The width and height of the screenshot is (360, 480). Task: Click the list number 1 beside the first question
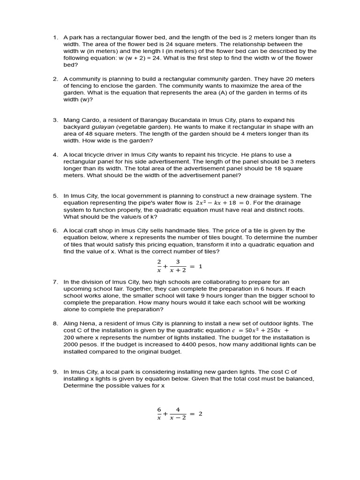(54, 37)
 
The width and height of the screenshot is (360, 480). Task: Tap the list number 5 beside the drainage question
(54, 196)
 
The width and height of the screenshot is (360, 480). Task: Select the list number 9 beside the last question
(54, 372)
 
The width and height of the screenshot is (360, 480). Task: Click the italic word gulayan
(102, 127)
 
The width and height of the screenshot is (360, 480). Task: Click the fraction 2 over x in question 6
(159, 266)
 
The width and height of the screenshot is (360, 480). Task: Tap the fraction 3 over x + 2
(178, 266)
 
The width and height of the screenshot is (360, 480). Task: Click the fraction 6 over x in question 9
(159, 413)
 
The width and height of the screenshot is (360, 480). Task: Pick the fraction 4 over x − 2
(178, 413)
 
